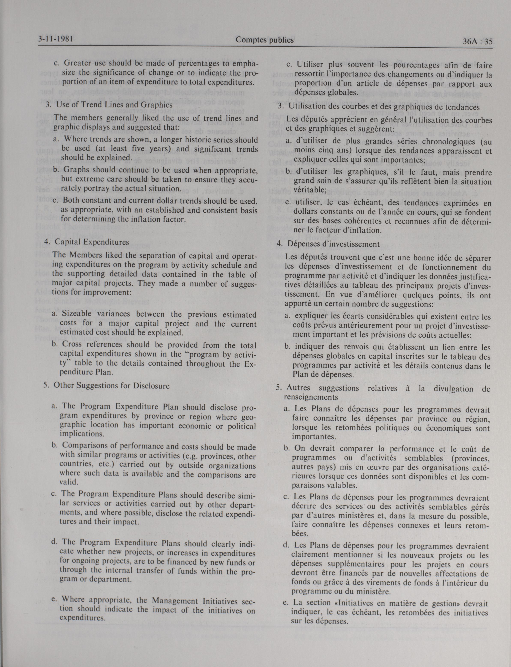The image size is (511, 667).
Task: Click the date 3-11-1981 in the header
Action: pyautogui.click(x=57, y=39)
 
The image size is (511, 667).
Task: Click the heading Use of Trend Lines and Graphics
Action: pyautogui.click(x=114, y=105)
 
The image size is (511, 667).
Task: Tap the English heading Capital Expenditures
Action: pyautogui.click(x=91, y=242)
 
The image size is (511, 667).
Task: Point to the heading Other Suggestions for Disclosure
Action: pyautogui.click(x=112, y=386)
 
